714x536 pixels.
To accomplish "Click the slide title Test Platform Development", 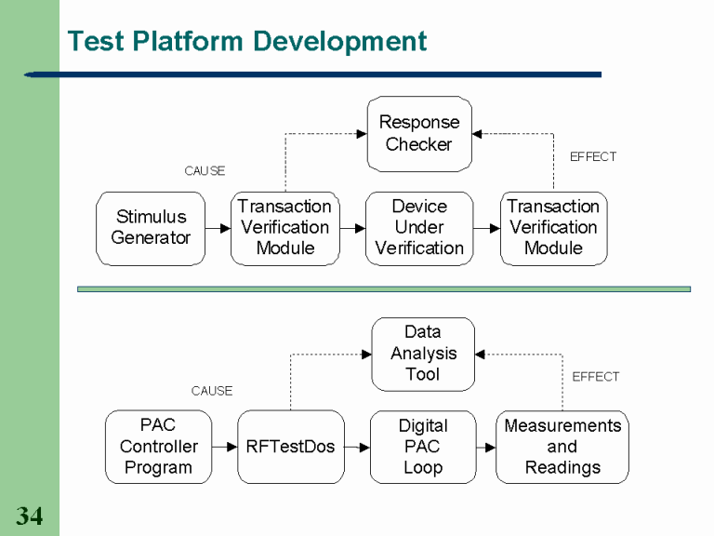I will point(247,42).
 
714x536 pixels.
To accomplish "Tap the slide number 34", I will point(30,516).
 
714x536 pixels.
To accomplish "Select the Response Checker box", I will point(418,133).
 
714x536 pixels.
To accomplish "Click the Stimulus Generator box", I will point(151,228).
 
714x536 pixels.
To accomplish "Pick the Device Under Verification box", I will point(419,228).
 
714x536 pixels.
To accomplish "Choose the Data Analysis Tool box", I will point(423,354).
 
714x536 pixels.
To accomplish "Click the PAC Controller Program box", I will point(158,447).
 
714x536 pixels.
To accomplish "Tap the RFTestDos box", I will point(290,447).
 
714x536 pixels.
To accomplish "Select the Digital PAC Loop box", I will point(422,447).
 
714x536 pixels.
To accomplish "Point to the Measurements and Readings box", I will point(562,447).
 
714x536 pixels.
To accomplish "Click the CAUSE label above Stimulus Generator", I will point(205,171).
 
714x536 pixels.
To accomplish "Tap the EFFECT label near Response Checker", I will point(593,157).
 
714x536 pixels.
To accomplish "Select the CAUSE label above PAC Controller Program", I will point(212,391).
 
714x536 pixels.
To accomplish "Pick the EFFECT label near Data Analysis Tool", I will point(595,377).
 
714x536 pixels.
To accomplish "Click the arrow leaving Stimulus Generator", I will point(218,228).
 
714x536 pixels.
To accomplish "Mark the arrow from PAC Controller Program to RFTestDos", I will point(224,447).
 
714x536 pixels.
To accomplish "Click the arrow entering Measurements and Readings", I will point(485,447).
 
